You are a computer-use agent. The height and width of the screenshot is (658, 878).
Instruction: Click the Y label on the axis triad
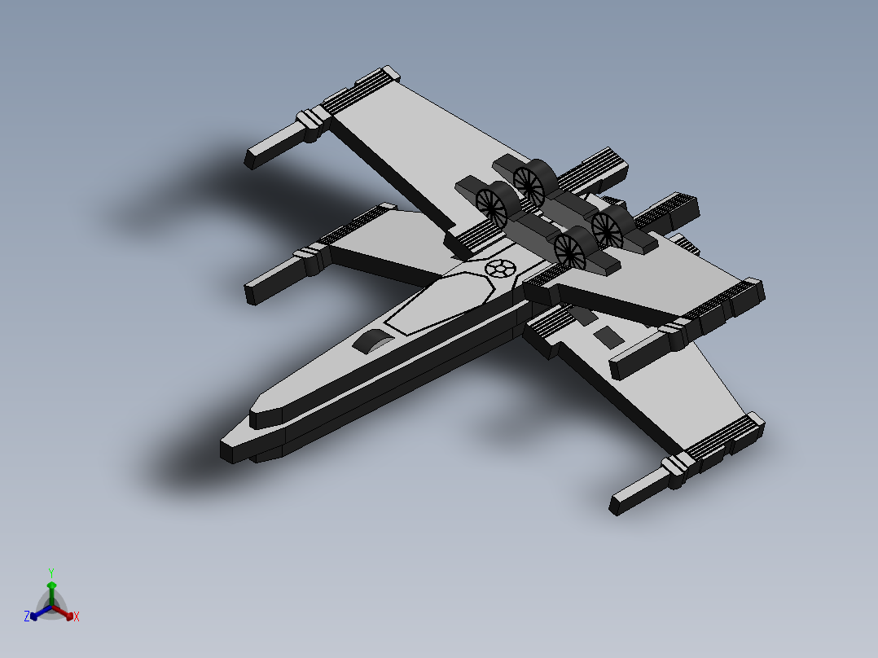point(50,572)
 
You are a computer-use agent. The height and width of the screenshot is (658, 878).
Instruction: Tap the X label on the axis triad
point(77,617)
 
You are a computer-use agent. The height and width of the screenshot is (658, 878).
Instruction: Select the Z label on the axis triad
point(27,616)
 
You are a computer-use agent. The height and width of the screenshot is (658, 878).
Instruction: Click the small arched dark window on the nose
point(373,342)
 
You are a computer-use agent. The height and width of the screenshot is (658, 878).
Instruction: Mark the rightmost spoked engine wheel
point(608,229)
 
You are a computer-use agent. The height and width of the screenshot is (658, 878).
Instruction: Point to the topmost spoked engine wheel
point(529,184)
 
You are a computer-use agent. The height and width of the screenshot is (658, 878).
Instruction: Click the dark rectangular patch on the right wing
point(606,335)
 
